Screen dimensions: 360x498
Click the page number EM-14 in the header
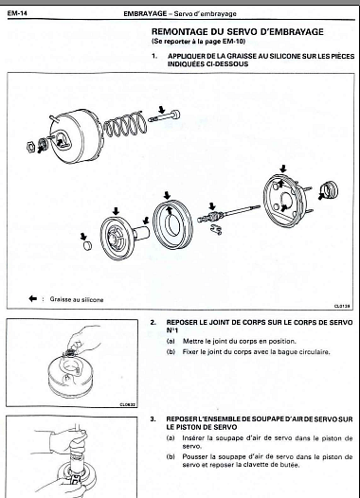[x=17, y=13]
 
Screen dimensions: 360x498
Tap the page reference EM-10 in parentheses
[x=234, y=42]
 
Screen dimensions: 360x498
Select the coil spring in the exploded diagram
[x=125, y=124]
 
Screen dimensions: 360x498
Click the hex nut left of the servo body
[x=31, y=146]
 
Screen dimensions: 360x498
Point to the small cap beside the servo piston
[x=86, y=245]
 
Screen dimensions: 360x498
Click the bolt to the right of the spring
[x=164, y=116]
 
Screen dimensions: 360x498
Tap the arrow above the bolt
[x=162, y=110]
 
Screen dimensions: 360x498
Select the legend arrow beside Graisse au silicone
[x=33, y=298]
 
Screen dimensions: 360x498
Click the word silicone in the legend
[x=93, y=299]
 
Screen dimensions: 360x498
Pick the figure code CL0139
[x=342, y=306]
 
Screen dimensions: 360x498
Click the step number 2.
[x=153, y=322]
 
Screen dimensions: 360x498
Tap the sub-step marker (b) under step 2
[x=171, y=352]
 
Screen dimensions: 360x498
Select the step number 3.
[x=153, y=419]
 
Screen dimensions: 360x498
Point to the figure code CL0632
[x=128, y=404]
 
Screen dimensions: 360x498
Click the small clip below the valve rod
[x=216, y=229]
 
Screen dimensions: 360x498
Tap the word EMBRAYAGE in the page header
[x=145, y=13]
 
